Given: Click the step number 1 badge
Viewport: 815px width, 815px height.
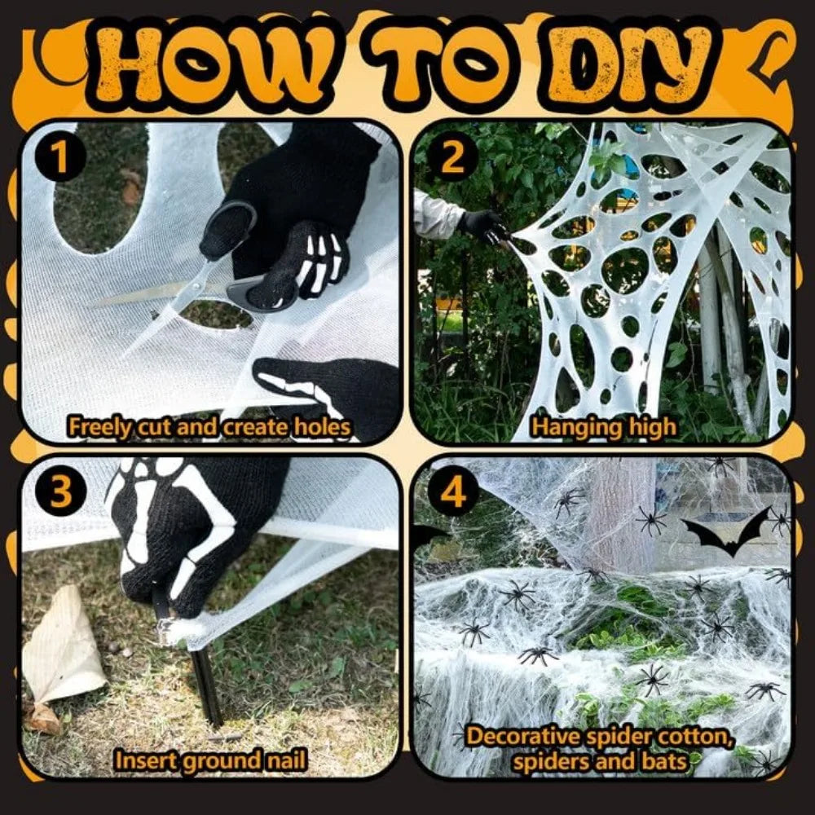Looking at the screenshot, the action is coord(61,156).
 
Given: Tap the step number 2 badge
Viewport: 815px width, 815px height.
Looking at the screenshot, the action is coord(452,156).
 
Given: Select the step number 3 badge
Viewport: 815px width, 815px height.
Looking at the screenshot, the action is coord(61,491).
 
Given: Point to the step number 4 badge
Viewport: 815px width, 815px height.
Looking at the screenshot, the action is coord(452,491).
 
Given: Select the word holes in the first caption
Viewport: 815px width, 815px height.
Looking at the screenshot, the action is coord(322,427).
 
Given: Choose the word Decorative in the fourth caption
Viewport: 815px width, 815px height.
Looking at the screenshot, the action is coord(522,737).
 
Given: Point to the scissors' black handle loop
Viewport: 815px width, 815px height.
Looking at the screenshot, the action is coord(229,229).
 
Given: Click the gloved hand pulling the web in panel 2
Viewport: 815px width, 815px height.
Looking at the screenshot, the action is coord(484,225).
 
